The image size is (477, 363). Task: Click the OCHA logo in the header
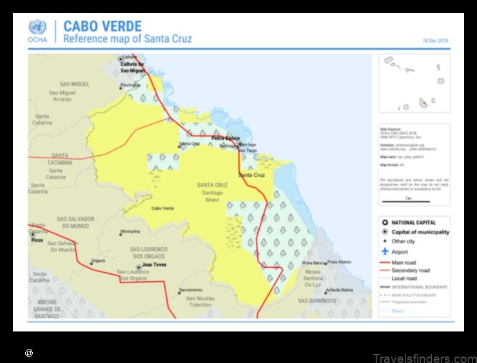tap(37, 31)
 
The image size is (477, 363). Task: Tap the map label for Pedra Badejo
tap(225, 138)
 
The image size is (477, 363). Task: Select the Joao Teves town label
tap(155, 265)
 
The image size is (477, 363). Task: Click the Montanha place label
tap(130, 232)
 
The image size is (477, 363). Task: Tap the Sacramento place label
tap(191, 290)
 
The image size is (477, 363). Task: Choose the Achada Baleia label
tap(339, 290)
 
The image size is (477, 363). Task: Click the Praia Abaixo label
tap(339, 262)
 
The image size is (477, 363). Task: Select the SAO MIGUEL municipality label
tap(75, 84)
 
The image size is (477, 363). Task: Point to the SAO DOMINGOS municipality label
tap(317, 301)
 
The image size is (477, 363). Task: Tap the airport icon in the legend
tap(385, 252)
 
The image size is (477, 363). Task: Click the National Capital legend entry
tap(413, 223)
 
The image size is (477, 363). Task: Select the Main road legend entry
tap(404, 263)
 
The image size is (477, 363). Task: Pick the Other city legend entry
tap(403, 242)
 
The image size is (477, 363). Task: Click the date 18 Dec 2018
tap(435, 41)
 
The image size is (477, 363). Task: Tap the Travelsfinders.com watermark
tap(424, 358)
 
